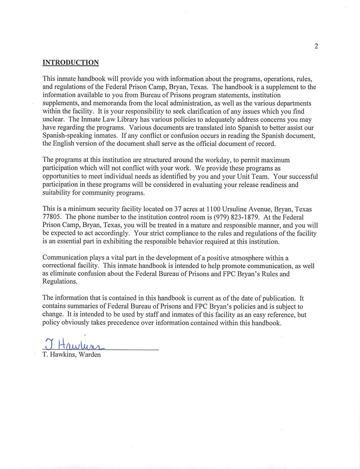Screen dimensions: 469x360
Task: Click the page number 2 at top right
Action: (316, 46)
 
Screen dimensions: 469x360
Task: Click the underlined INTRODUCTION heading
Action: (71, 62)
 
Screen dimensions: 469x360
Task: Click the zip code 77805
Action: (51, 217)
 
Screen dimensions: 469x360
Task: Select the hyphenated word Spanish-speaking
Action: (67, 136)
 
